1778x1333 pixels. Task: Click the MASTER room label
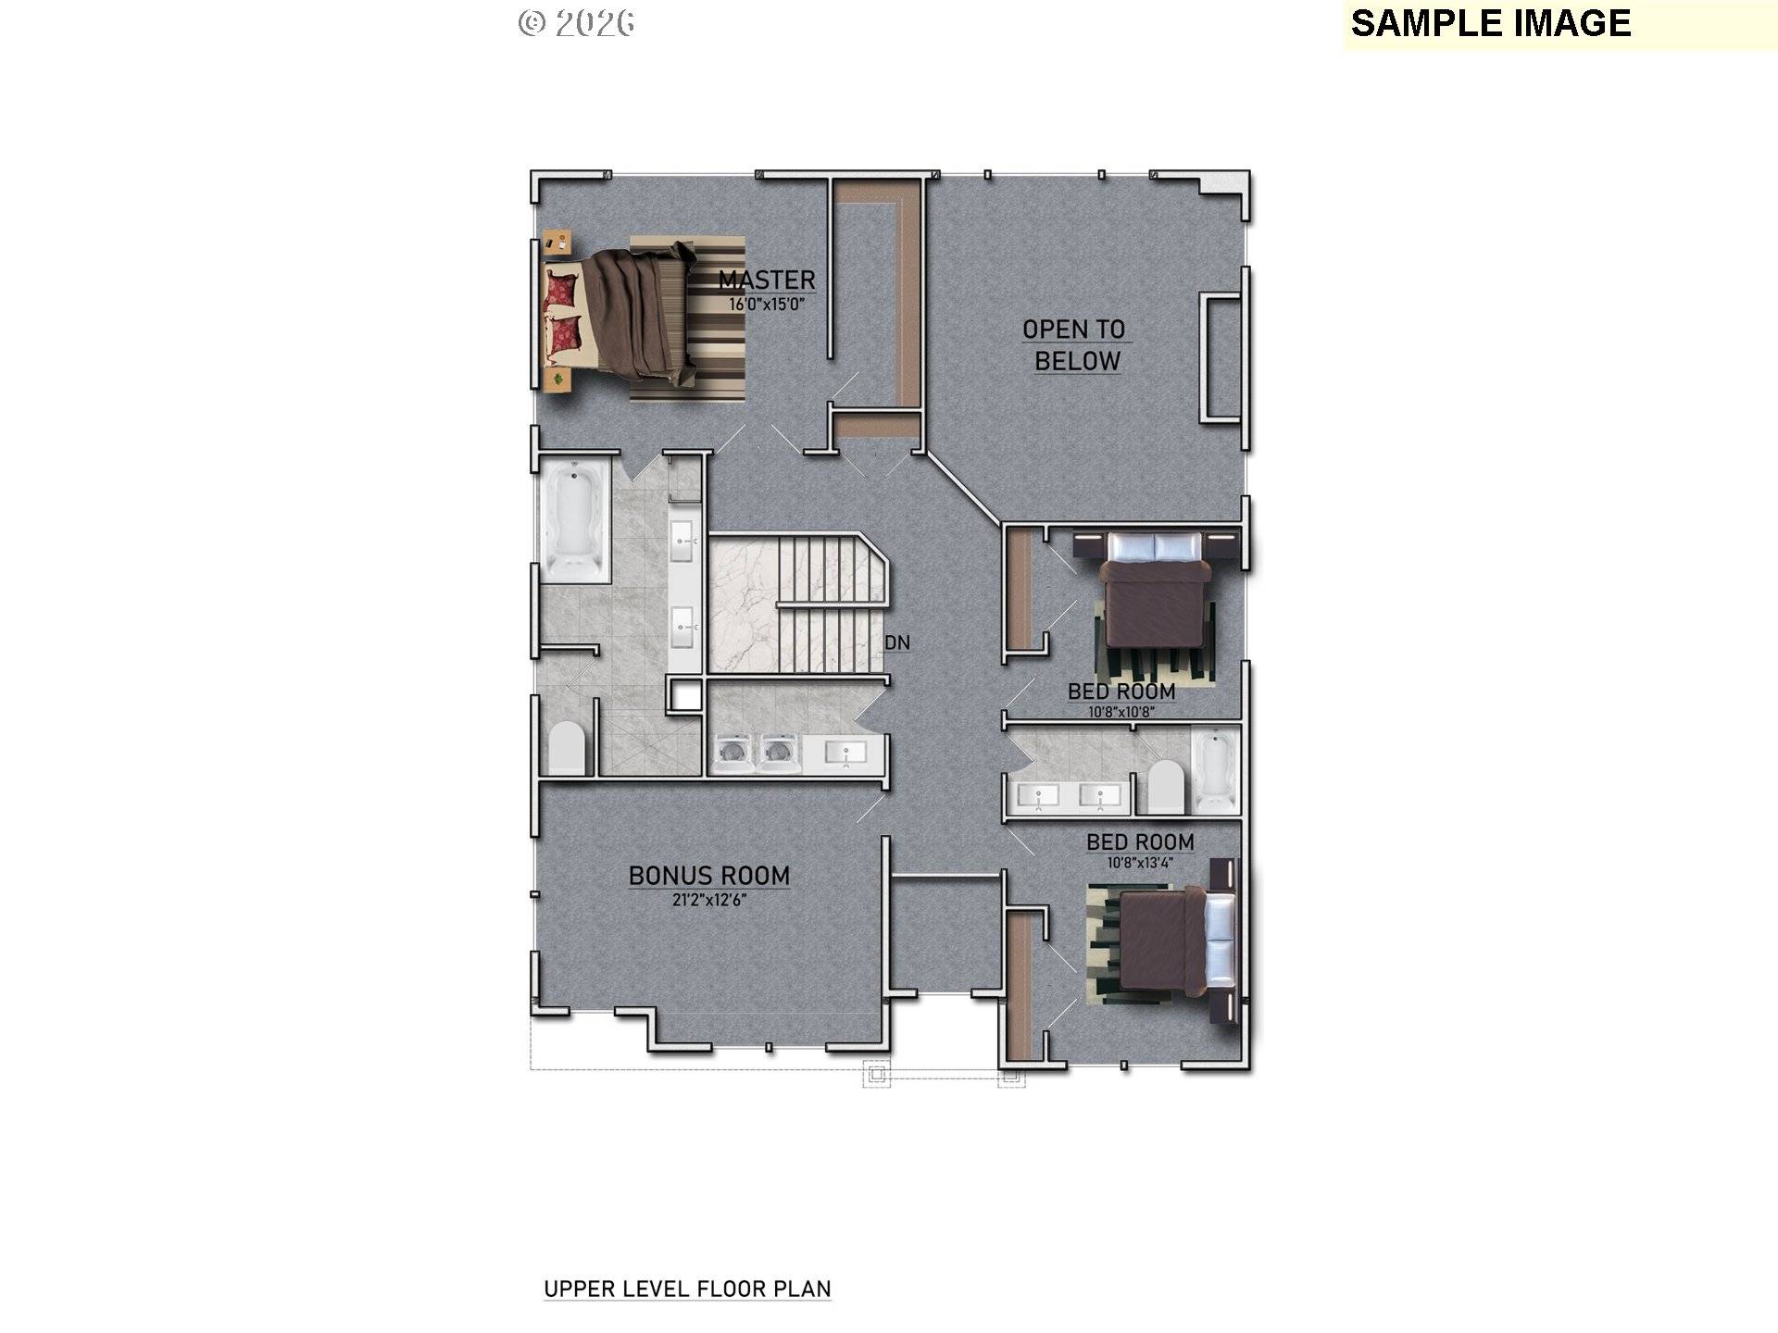pos(767,280)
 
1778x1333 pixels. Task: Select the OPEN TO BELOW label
pos(1075,344)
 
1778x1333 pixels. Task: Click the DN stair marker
pos(896,642)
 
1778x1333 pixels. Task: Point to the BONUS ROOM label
pos(709,876)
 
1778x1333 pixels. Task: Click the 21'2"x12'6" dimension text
pos(709,899)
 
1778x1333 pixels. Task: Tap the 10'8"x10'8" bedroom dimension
pos(1121,712)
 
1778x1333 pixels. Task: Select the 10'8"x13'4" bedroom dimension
pos(1140,863)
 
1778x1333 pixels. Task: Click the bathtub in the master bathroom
pos(574,521)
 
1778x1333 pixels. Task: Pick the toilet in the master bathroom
pos(567,748)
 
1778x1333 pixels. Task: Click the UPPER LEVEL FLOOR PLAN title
pos(687,1289)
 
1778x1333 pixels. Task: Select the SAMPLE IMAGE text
pos(1491,23)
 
